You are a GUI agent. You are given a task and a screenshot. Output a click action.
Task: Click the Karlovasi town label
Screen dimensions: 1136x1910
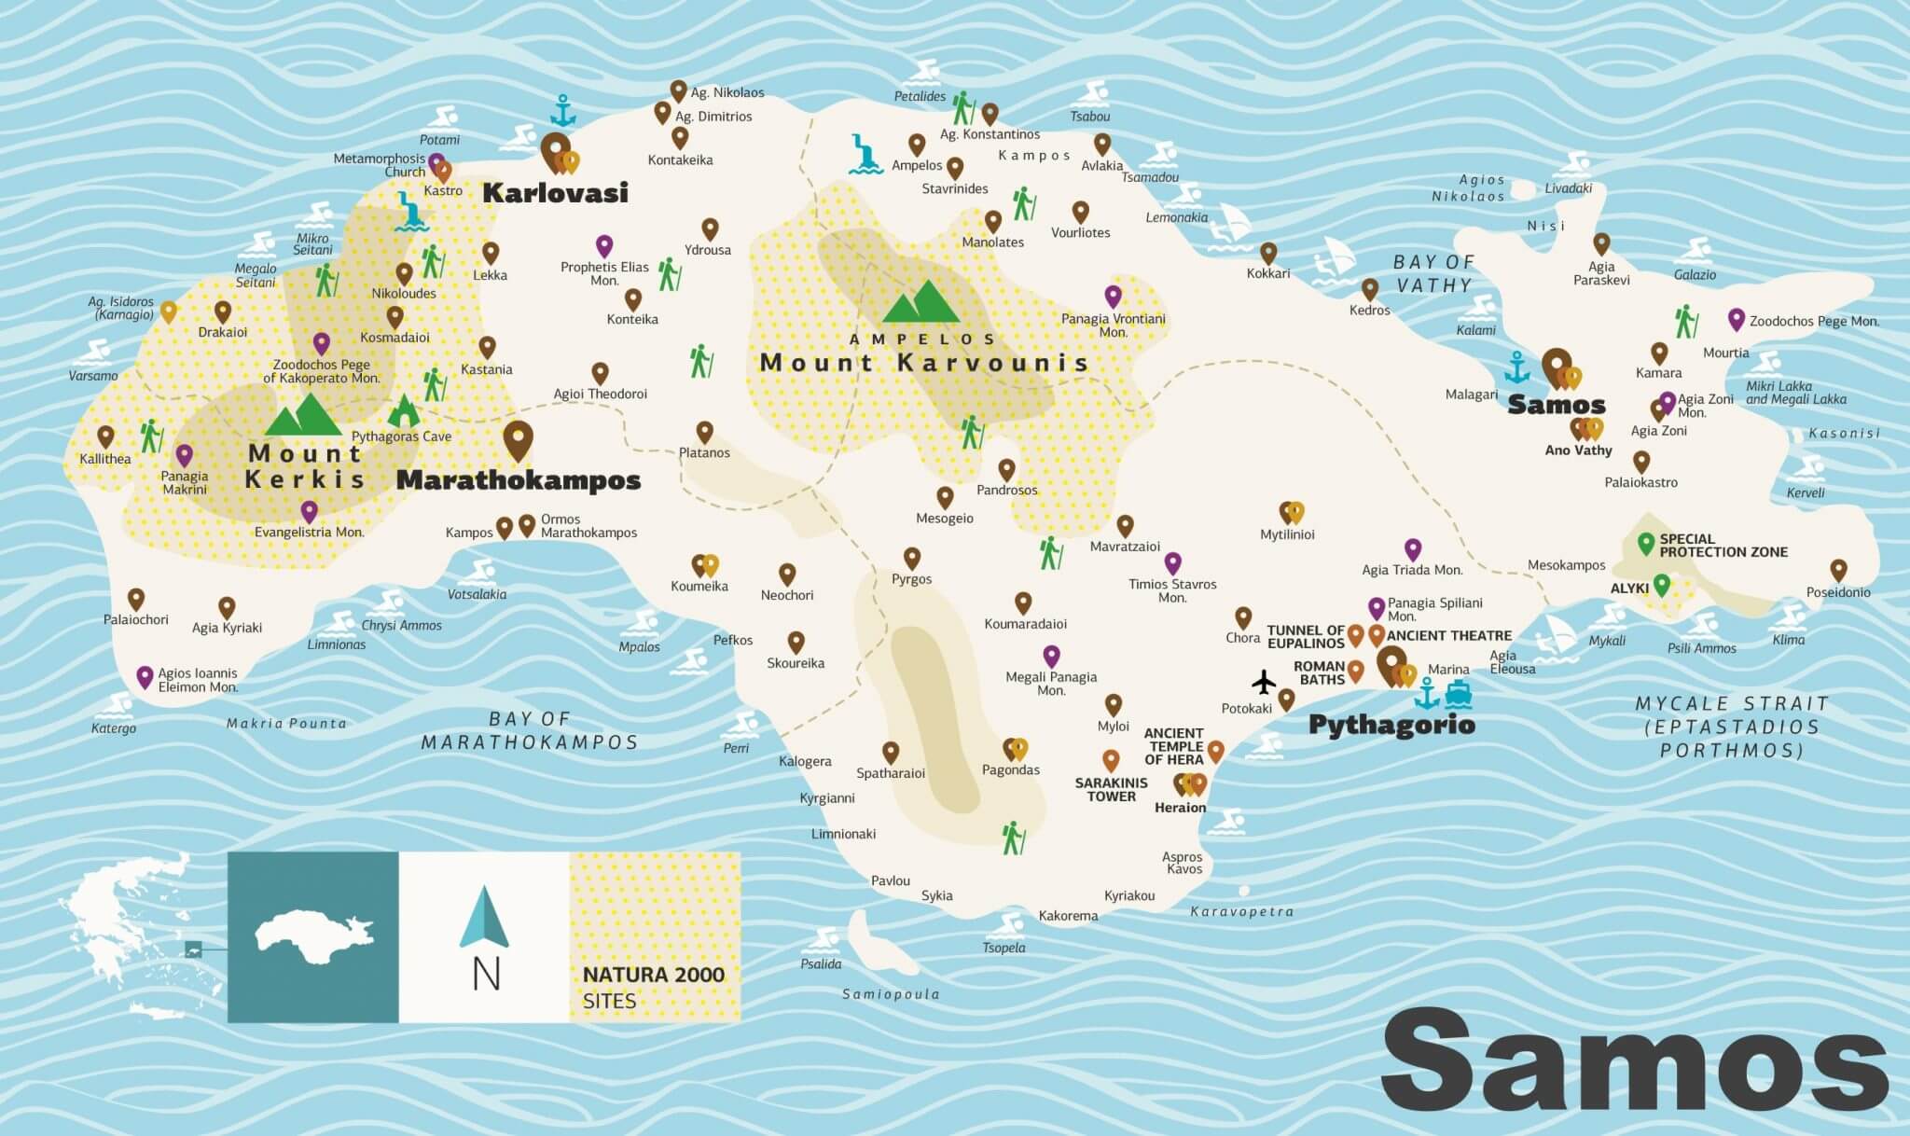(x=555, y=193)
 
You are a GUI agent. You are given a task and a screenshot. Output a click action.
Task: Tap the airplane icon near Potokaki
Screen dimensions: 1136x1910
(x=1264, y=683)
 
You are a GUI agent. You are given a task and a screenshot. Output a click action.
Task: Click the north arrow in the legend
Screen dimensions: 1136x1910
(x=484, y=918)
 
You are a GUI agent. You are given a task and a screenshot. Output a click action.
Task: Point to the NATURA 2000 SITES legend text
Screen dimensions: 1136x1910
(x=653, y=987)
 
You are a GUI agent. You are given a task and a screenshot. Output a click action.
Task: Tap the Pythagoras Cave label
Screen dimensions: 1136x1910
(x=401, y=436)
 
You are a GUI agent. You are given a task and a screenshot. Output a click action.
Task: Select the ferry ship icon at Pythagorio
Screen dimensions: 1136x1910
(x=1458, y=694)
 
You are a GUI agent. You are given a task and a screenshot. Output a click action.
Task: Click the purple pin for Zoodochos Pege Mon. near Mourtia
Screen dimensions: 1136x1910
(x=1736, y=319)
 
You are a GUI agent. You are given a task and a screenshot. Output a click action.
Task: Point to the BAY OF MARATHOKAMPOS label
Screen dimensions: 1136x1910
(x=529, y=730)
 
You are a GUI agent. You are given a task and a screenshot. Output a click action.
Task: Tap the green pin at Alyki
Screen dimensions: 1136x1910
(x=1661, y=585)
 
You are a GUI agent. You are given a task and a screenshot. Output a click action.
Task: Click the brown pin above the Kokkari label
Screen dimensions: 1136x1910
(x=1268, y=253)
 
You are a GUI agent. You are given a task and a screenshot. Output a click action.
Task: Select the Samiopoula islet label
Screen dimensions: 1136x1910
(x=891, y=994)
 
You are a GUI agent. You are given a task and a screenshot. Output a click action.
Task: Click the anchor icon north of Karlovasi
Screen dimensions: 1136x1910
(x=562, y=111)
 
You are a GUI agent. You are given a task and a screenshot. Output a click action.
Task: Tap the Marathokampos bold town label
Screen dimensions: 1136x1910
(x=519, y=480)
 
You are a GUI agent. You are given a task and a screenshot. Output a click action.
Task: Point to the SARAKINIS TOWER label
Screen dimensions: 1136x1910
(x=1111, y=789)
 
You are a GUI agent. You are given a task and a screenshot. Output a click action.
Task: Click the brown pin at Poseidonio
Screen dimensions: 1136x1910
(x=1838, y=569)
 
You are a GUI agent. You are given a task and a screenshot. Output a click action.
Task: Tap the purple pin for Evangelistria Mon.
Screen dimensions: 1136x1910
(x=309, y=510)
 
